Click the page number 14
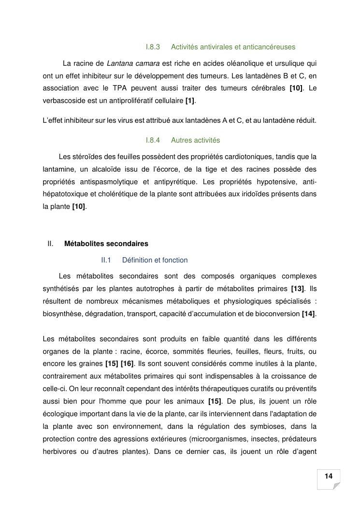(329, 476)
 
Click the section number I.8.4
(153, 140)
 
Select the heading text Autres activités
(195, 140)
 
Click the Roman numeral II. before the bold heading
(50, 243)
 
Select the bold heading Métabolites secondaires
(106, 243)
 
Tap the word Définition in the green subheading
(137, 260)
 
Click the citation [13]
(298, 289)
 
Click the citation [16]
(127, 364)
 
